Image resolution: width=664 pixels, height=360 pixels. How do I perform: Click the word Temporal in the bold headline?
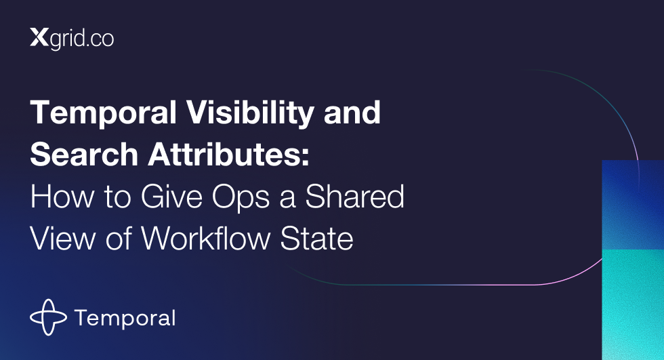103,113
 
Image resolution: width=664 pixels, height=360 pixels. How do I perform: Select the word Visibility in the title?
250,113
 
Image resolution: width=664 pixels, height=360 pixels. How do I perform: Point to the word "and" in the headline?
352,113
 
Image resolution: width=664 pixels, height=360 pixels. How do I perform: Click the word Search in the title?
84,154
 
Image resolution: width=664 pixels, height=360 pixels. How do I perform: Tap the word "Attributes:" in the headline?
229,154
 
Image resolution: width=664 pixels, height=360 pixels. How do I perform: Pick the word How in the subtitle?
62,197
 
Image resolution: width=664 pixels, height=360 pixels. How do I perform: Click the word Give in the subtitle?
171,197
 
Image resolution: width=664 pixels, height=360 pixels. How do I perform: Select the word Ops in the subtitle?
241,198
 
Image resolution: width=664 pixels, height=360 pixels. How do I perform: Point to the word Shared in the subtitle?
355,197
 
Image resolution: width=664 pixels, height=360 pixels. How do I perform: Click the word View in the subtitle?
62,239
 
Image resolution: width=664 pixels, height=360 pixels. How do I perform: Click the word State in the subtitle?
317,239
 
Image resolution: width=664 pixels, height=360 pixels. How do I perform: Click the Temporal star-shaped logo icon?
48,317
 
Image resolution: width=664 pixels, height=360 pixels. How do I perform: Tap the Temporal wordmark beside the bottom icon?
125,319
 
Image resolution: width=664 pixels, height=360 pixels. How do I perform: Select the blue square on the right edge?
633,205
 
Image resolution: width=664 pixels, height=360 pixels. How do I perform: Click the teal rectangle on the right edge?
633,305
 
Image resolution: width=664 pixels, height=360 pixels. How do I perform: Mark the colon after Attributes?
306,157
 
